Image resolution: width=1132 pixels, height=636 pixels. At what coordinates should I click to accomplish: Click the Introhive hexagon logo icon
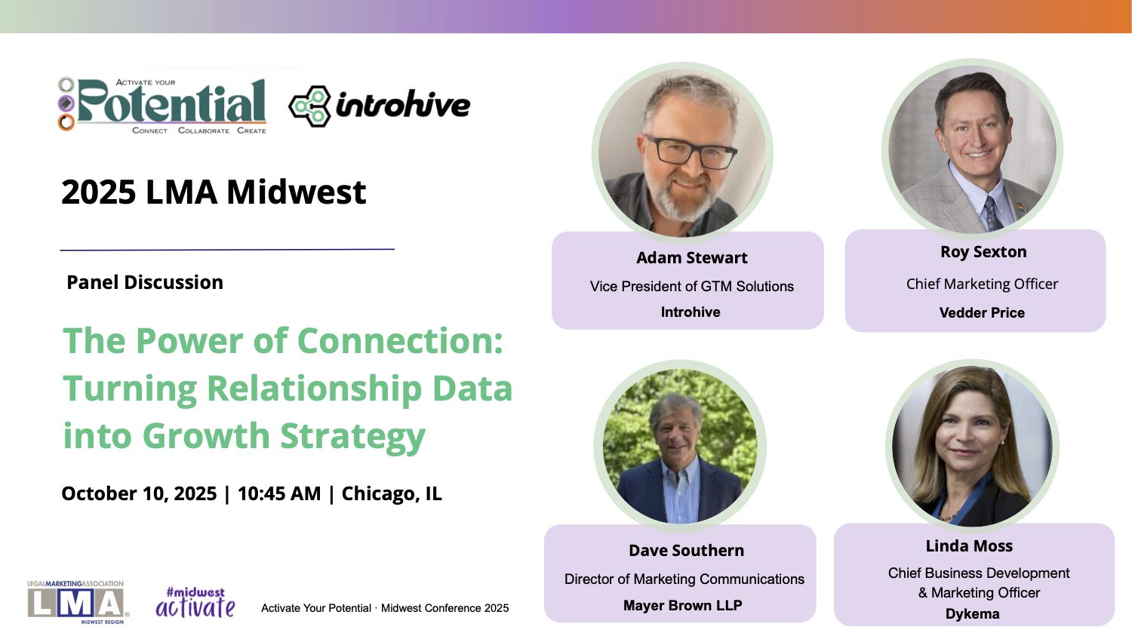[x=309, y=106]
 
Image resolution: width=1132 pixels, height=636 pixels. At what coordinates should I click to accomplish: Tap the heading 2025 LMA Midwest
[x=214, y=192]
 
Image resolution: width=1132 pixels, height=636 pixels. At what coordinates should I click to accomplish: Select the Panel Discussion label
[x=145, y=282]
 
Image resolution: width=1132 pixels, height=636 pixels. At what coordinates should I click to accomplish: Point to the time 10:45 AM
[x=279, y=493]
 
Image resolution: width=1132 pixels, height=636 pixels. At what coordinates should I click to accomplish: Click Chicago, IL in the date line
[x=392, y=494]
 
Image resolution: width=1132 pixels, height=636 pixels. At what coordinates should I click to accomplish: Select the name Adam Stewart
[x=691, y=257]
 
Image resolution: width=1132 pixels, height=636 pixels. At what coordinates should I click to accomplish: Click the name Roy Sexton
[x=983, y=251]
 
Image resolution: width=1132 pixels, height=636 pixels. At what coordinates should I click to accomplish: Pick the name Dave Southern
[x=686, y=550]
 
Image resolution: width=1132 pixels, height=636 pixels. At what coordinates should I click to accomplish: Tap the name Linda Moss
[x=969, y=545]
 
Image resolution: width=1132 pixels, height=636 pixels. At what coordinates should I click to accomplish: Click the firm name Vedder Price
[x=982, y=312]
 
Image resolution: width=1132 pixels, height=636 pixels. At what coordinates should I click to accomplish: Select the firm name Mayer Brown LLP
[x=683, y=605]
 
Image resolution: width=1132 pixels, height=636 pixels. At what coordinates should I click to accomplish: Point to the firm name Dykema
[x=972, y=614]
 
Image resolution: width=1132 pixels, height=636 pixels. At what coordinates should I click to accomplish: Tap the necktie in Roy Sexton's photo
[x=992, y=214]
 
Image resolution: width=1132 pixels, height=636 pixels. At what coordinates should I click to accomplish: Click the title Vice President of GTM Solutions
[x=692, y=287]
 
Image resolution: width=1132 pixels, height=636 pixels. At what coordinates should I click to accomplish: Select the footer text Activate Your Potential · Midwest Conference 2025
[x=385, y=608]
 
